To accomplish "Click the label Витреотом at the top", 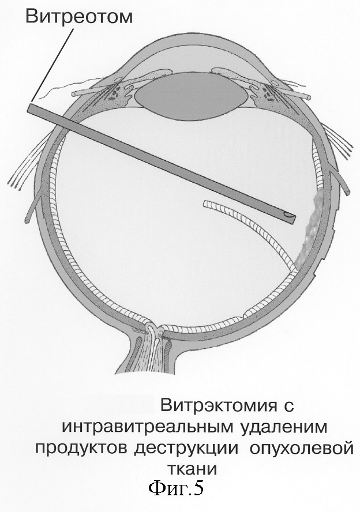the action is click(x=79, y=16).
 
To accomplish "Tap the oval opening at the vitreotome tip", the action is click(x=288, y=216).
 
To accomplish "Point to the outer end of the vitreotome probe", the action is click(x=29, y=108).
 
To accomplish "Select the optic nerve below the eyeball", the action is click(x=148, y=353).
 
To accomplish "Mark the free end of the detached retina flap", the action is click(x=205, y=203).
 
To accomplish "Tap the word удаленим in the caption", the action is click(x=283, y=428).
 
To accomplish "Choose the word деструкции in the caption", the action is click(x=186, y=449).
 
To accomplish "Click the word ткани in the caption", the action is click(x=192, y=469).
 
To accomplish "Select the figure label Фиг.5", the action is click(x=176, y=489).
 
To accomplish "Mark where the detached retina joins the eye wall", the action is click(x=294, y=270).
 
